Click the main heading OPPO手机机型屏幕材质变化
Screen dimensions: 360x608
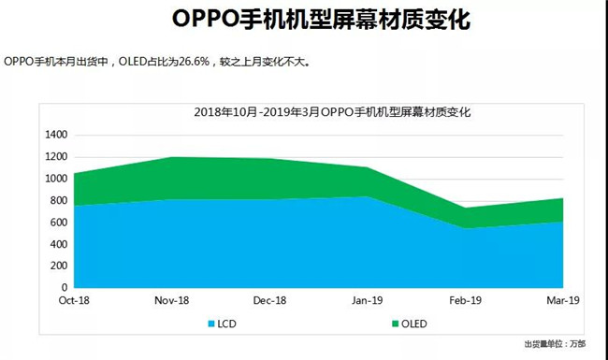coord(303,20)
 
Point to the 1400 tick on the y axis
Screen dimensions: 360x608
coord(56,135)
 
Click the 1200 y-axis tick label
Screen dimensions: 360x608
coord(56,156)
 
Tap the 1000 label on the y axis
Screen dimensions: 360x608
coord(56,179)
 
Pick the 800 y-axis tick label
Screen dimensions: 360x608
coord(59,200)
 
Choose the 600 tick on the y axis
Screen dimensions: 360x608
coord(59,223)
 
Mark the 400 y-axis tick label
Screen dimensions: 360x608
coord(59,244)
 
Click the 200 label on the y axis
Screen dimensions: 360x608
coord(59,266)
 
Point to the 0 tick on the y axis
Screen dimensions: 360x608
coord(65,288)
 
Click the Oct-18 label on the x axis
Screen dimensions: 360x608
coord(74,301)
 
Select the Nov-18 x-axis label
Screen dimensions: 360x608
coord(172,301)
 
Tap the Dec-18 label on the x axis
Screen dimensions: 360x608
coord(269,301)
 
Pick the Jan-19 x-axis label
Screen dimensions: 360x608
coord(368,301)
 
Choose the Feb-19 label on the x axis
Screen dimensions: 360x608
coord(465,301)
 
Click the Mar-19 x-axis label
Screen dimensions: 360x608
coord(562,301)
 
